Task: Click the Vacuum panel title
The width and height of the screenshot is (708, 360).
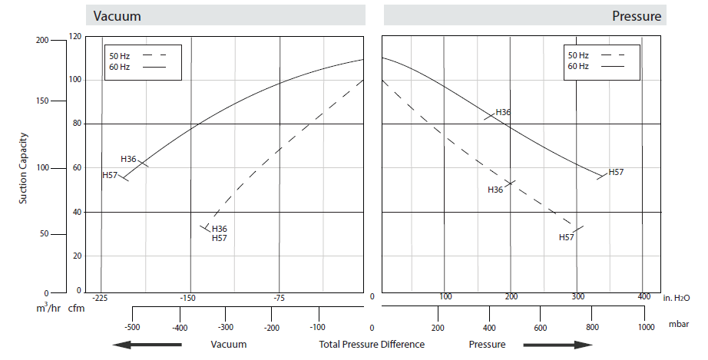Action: coord(117,15)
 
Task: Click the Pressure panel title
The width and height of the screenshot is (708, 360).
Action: coord(637,15)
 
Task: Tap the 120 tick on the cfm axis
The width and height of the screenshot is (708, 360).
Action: coord(74,36)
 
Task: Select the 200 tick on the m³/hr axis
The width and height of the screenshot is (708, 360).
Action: coord(41,40)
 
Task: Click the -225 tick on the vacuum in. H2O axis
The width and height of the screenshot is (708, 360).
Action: coord(101,298)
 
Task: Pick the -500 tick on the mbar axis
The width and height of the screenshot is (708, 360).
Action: coord(133,325)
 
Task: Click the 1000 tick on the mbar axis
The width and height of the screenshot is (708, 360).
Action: coord(643,325)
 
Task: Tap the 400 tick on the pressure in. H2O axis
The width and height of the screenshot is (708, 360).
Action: coord(643,296)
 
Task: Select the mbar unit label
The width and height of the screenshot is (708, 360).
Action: coord(679,325)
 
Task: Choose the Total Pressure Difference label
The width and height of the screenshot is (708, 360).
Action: coord(372,344)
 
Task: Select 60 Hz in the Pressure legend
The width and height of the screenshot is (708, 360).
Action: coord(578,66)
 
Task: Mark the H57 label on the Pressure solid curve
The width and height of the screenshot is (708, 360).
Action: coord(616,172)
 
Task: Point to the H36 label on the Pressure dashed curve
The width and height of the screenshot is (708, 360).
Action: coord(495,190)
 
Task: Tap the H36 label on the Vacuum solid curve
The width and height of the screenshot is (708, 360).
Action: coord(129,159)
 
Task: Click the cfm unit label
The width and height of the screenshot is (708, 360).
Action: coord(76,309)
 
